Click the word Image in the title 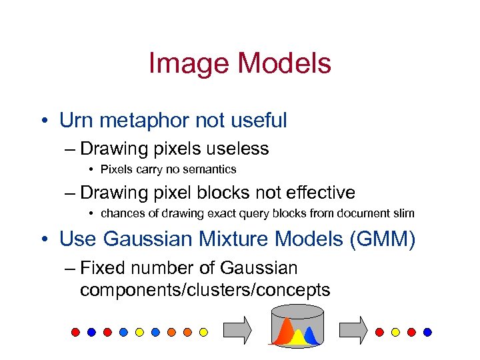click(189, 64)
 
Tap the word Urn click(75, 121)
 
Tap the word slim click(403, 214)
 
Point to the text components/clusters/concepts click(205, 290)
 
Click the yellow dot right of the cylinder click(396, 331)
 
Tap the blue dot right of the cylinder click(428, 331)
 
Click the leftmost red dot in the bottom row click(76, 331)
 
